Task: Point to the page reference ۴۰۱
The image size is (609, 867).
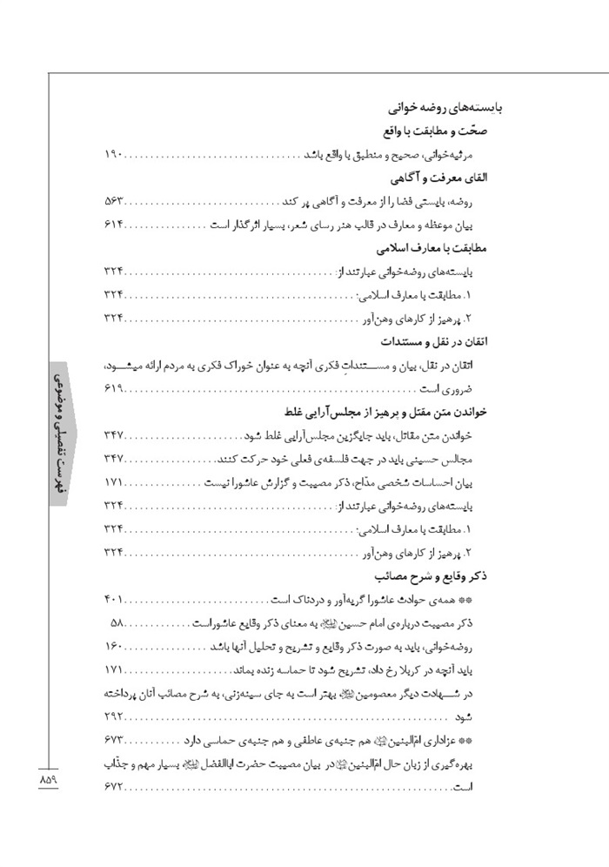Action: point(115,600)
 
